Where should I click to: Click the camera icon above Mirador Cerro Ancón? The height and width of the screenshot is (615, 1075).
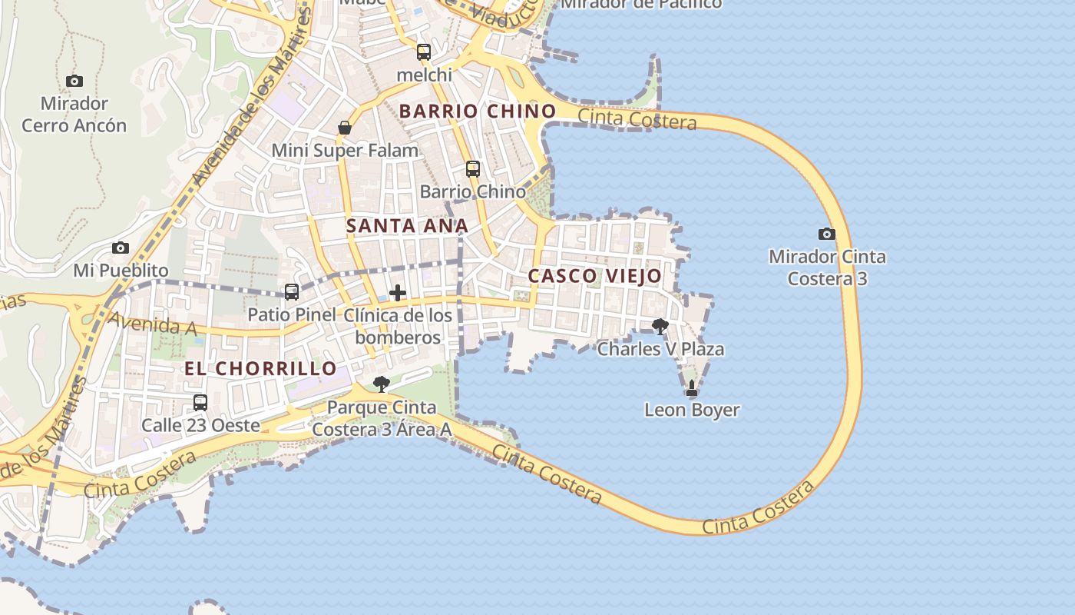[x=74, y=81]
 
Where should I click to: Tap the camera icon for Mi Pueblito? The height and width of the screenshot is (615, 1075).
[x=121, y=248]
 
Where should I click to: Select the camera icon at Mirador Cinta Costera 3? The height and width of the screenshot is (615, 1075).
[x=827, y=234]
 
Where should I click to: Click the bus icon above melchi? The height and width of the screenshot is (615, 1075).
[x=424, y=52]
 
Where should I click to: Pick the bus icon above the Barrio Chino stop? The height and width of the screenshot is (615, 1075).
[x=473, y=169]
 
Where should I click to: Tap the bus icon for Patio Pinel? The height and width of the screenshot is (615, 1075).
[x=292, y=292]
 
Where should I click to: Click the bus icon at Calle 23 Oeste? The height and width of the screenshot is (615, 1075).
[x=200, y=403]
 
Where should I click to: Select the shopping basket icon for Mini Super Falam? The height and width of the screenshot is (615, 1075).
[x=345, y=128]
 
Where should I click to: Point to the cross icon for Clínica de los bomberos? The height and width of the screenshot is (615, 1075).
[x=398, y=293]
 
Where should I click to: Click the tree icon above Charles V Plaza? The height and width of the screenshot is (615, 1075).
[x=660, y=327]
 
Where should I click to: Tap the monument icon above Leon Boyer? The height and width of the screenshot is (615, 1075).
[x=692, y=388]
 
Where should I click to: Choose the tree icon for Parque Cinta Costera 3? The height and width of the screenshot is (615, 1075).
[x=381, y=384]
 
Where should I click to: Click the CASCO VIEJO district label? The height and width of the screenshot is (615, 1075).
[x=595, y=276]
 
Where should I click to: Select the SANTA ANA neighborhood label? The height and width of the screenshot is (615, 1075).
[x=407, y=226]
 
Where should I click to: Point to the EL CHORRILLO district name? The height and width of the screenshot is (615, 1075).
[x=261, y=369]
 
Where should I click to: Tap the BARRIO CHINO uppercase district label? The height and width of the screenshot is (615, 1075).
[x=478, y=111]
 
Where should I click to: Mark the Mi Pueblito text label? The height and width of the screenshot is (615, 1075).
[x=121, y=271]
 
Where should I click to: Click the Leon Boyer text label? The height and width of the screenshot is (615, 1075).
[x=692, y=410]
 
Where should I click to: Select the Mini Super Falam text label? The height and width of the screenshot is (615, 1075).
[x=345, y=151]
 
